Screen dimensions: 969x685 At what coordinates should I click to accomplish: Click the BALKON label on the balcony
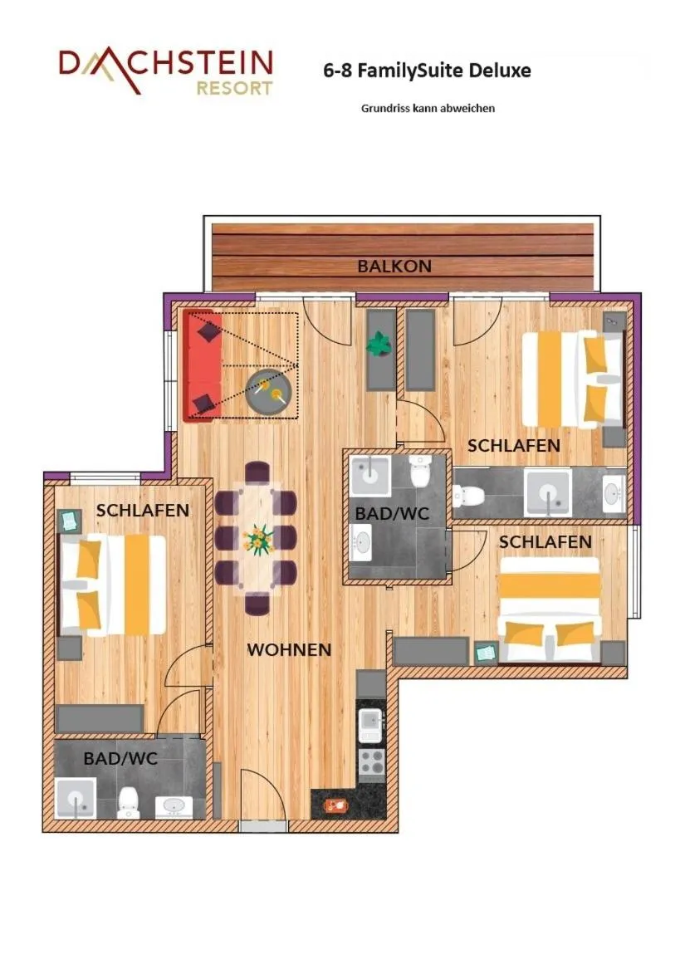pos(394,267)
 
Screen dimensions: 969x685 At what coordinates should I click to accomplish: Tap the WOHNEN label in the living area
pos(289,650)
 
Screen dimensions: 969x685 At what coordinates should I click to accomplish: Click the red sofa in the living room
pos(202,366)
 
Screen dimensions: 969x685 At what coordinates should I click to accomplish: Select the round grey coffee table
pos(270,390)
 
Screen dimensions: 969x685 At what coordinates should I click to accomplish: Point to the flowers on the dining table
pos(259,540)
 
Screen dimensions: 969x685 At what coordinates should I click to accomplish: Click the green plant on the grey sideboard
pos(380,343)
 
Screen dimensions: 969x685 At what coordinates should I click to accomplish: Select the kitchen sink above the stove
pos(370,725)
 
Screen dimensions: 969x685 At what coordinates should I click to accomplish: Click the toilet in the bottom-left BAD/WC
pos(128,802)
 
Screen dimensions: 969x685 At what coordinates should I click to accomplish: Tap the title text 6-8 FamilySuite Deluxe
pos(427,71)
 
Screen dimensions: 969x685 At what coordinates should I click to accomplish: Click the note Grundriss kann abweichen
pos(428,108)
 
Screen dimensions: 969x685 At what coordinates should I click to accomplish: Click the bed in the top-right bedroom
pos(572,379)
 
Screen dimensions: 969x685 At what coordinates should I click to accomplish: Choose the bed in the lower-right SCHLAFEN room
pos(549,610)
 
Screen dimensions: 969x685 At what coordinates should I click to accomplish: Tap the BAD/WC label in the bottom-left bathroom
pos(120,759)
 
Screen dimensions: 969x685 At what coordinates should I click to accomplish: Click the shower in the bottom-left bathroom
pos(76,799)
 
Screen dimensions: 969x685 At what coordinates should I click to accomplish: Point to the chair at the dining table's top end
pos(257,473)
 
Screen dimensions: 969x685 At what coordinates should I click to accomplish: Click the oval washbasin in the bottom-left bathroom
pos(174,805)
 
